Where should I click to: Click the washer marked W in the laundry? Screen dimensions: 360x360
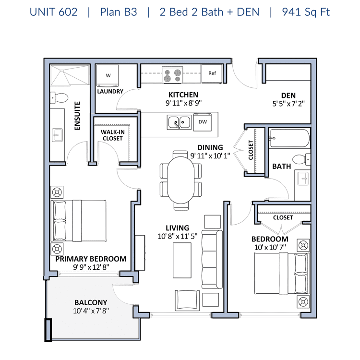(108, 75)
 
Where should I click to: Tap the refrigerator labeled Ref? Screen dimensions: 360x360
(212, 73)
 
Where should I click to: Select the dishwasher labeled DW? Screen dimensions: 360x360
(202, 122)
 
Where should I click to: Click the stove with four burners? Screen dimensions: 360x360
(172, 75)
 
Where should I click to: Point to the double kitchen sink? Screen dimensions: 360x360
(179, 122)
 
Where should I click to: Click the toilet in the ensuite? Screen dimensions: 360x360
(59, 98)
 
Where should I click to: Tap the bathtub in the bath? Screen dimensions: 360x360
(289, 138)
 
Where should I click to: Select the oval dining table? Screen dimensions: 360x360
(180, 180)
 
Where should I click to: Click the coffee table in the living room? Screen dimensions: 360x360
(182, 260)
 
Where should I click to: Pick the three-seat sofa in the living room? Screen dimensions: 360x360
(212, 259)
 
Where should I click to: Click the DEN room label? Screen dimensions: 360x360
(288, 96)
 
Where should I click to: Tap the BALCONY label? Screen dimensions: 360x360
(91, 302)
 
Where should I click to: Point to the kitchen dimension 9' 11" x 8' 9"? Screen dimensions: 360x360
(183, 103)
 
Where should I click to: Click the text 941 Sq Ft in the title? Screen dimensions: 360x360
(306, 12)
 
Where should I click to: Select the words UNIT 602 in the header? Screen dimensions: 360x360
(53, 12)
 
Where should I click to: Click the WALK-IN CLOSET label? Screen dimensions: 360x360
(113, 135)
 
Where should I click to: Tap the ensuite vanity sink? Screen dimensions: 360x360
(57, 135)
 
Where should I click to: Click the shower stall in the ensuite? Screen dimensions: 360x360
(70, 75)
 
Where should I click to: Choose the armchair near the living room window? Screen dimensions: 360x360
(187, 300)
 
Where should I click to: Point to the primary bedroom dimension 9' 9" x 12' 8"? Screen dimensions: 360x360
(91, 267)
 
